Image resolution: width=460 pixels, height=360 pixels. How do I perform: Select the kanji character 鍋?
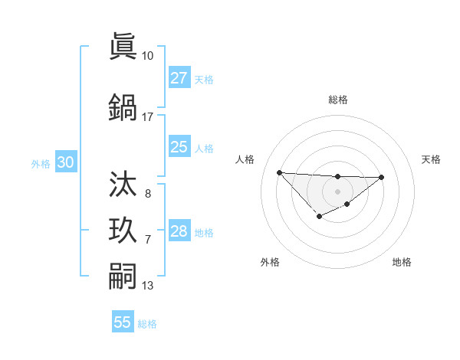click(124, 107)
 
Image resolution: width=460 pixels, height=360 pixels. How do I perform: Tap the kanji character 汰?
click(124, 184)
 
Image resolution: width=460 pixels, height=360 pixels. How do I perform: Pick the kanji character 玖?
click(124, 231)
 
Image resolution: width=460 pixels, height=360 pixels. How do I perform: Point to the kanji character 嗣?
click(124, 277)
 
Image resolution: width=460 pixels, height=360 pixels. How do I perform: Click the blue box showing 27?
click(179, 78)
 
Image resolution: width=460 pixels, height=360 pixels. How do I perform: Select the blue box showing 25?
click(179, 147)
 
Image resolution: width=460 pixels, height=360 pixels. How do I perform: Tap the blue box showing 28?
click(179, 231)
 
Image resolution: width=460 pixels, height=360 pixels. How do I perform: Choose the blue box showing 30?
click(65, 162)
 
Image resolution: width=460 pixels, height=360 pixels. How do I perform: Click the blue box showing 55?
click(123, 322)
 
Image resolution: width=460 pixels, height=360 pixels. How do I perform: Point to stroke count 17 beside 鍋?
click(148, 117)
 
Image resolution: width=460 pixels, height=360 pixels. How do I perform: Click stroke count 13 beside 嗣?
click(148, 286)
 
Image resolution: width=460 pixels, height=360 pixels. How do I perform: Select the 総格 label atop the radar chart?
click(337, 100)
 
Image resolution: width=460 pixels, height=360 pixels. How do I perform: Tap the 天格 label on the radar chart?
click(432, 159)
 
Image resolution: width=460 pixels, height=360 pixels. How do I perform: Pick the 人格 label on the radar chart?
click(245, 159)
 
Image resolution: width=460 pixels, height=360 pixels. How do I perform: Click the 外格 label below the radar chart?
click(270, 262)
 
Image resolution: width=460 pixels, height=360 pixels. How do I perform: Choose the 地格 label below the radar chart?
click(402, 262)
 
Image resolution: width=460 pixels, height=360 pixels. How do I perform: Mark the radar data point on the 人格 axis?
click(279, 172)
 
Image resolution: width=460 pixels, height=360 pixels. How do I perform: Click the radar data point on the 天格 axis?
click(382, 178)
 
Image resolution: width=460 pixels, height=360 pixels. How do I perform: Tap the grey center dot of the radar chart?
click(337, 191)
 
